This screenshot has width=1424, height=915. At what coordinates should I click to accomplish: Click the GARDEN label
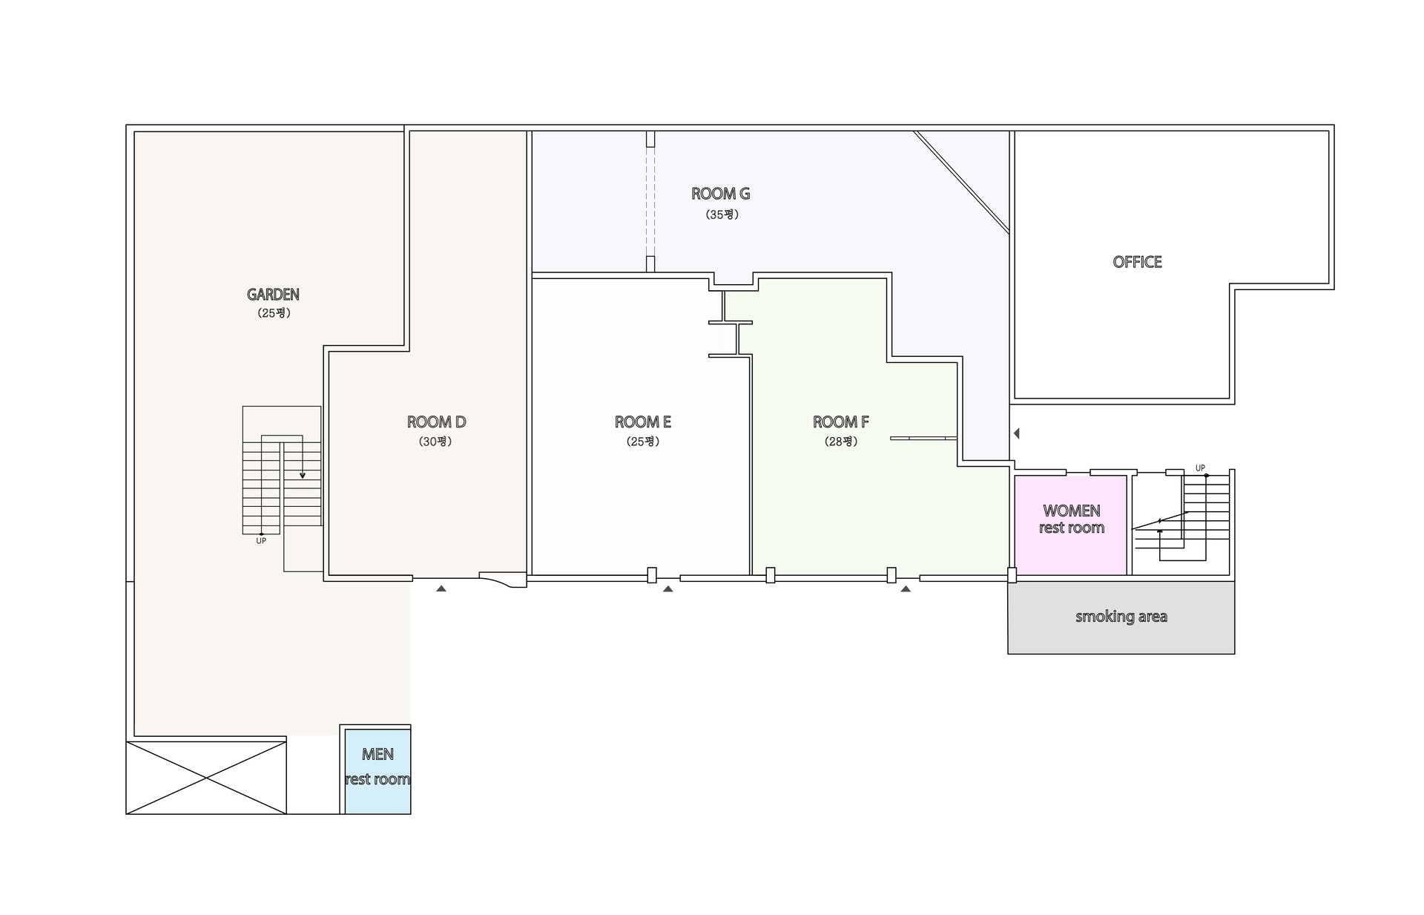(x=273, y=295)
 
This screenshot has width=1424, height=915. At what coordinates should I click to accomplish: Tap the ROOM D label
(x=436, y=422)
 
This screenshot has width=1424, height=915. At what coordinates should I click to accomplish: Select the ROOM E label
(x=642, y=422)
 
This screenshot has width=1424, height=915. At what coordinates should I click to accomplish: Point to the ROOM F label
(x=840, y=422)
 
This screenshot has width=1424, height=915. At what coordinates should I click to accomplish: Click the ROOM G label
(x=720, y=194)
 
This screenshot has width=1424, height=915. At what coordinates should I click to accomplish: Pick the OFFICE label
(x=1137, y=262)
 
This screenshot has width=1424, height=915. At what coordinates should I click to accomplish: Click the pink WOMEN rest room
(x=1070, y=524)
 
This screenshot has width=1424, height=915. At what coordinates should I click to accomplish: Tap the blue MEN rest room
(x=377, y=770)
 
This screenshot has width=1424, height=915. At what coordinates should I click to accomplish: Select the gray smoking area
(x=1121, y=617)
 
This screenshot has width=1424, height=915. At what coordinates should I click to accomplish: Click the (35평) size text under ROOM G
(x=722, y=214)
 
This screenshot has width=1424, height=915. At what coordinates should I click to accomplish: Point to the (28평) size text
(x=840, y=442)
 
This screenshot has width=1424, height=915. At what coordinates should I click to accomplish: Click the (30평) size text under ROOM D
(x=435, y=442)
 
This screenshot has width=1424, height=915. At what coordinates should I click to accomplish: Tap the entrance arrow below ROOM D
(x=441, y=588)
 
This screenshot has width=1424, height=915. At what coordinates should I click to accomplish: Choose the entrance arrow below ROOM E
(x=667, y=589)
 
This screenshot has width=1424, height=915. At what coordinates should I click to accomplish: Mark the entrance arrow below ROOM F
(x=906, y=589)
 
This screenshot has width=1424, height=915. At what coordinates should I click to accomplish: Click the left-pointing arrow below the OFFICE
(x=1017, y=433)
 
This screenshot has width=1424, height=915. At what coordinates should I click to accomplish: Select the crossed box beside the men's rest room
(x=206, y=777)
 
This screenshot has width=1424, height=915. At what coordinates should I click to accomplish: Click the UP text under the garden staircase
(x=261, y=541)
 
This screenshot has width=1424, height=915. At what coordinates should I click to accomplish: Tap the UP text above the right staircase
(x=1200, y=468)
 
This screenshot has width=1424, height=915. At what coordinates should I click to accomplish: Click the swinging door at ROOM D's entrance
(x=502, y=579)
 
